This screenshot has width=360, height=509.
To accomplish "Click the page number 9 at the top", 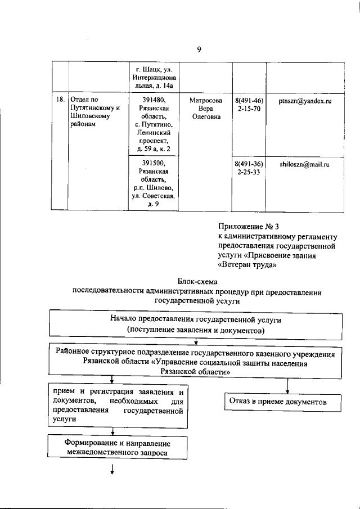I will coord(199,49).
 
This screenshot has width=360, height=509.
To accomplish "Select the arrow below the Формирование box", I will coord(112,470).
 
